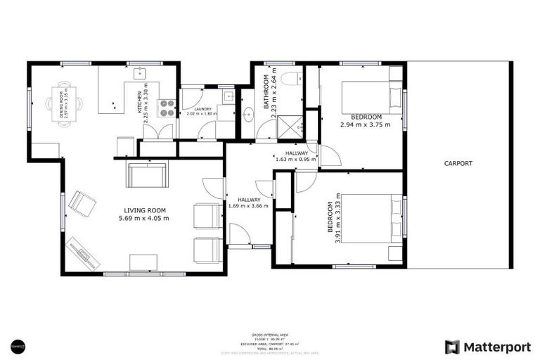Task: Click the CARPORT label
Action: point(458,164)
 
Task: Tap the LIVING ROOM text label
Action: point(145,210)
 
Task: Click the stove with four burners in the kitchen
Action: point(167,108)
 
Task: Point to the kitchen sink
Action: point(139,72)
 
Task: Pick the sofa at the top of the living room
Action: point(146,174)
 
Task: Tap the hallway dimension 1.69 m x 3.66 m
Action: point(249,206)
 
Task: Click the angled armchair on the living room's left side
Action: point(82,204)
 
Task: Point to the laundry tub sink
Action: point(229,96)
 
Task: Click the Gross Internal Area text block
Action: point(270,341)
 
